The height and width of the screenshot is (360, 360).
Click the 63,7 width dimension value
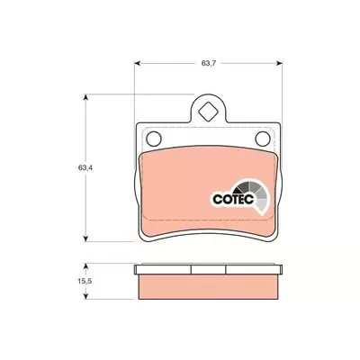pyautogui.click(x=209, y=63)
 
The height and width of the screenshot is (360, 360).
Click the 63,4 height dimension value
pyautogui.click(x=85, y=168)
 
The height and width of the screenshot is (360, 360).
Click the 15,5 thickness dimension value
pyautogui.click(x=85, y=282)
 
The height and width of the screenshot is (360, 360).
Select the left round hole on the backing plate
pyautogui.click(x=154, y=139)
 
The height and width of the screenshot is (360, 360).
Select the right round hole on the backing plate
pyautogui.click(x=263, y=139)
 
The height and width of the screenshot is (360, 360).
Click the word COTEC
pyautogui.click(x=233, y=199)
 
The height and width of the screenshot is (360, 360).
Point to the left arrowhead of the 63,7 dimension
pyautogui.click(x=138, y=63)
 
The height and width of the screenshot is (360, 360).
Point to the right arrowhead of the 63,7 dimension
pyautogui.click(x=279, y=63)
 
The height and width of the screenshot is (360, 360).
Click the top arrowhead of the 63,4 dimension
pyautogui.click(x=85, y=98)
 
